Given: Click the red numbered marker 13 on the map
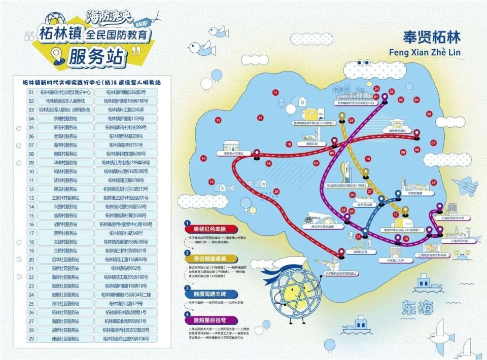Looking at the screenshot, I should point(218,120).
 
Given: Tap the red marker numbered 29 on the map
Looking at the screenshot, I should point(433,182).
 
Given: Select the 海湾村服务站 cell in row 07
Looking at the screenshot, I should point(65,145).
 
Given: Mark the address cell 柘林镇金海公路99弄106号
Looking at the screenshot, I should point(126,338).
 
